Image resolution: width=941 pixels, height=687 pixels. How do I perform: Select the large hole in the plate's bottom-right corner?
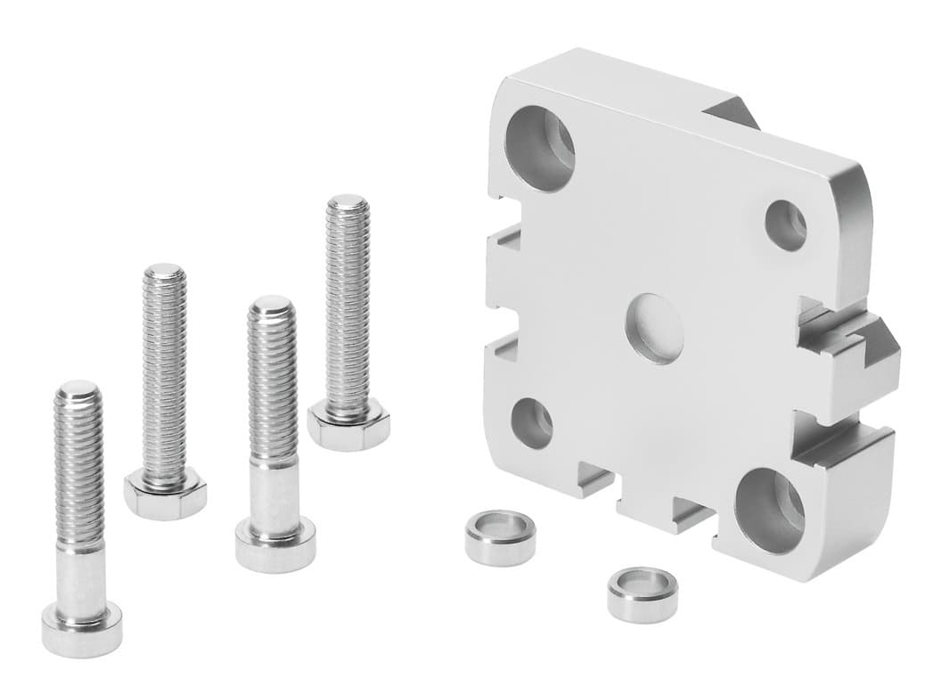(769, 510)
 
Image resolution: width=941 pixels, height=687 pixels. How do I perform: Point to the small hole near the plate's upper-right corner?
(786, 225)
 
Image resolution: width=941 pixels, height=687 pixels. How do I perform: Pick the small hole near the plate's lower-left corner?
(532, 422)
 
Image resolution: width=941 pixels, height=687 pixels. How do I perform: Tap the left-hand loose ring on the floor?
(500, 536)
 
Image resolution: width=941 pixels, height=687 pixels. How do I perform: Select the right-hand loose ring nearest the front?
(642, 593)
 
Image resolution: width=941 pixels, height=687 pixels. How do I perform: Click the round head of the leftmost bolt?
(81, 627)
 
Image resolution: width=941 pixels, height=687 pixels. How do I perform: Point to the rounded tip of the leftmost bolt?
(78, 392)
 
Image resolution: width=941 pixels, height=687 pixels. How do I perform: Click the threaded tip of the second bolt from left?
(165, 274)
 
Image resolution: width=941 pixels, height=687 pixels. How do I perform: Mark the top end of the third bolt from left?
(272, 307)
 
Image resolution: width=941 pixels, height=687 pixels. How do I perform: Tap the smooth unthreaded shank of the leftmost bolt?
(80, 575)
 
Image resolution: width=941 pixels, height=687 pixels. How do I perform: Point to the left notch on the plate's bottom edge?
(595, 481)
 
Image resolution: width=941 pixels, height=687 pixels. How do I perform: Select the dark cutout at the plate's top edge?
(731, 112)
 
